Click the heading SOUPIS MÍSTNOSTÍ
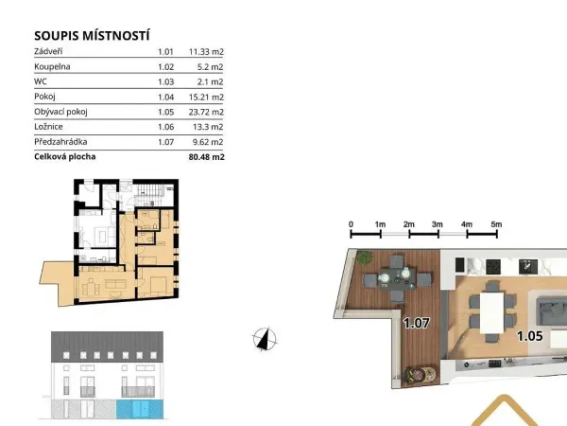(92, 36)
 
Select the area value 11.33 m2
(206, 52)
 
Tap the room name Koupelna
(52, 67)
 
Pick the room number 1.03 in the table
(165, 81)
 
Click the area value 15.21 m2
(206, 98)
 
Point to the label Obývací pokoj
(60, 112)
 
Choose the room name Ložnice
(48, 127)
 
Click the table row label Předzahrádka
(60, 142)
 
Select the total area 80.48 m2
(206, 157)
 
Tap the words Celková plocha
(64, 157)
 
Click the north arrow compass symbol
(265, 340)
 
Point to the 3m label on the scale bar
(438, 224)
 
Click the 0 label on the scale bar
(351, 224)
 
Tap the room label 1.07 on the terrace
(416, 323)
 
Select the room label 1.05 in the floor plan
(530, 336)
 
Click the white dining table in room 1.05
(491, 312)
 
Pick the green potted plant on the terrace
(364, 257)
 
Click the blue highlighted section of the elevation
(140, 409)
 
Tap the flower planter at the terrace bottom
(420, 374)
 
